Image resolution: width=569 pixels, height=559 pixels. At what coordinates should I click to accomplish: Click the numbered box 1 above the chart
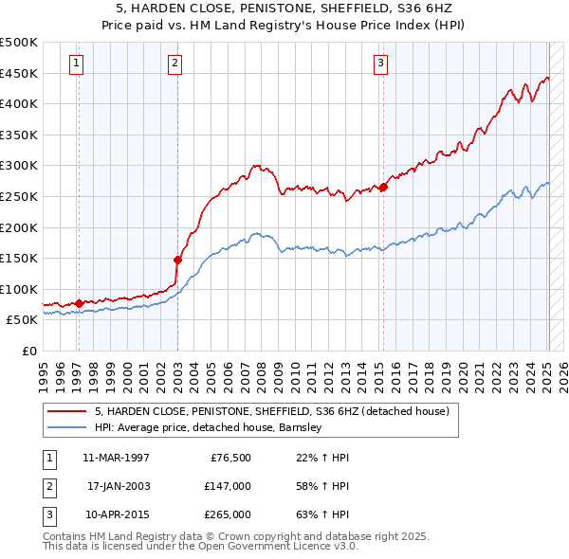click(x=76, y=63)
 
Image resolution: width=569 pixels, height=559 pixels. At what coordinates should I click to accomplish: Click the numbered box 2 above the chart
click(x=175, y=63)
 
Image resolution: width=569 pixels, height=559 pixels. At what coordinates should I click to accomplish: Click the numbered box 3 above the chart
click(x=380, y=63)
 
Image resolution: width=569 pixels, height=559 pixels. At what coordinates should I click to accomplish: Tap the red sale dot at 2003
click(x=177, y=259)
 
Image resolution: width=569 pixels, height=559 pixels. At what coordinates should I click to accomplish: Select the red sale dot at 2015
click(x=383, y=187)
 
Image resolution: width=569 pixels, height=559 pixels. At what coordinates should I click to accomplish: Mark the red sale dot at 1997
click(x=79, y=303)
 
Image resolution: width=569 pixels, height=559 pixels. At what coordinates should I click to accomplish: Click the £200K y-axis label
click(x=19, y=227)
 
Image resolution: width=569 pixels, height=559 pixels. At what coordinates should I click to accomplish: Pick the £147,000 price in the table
click(x=227, y=486)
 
